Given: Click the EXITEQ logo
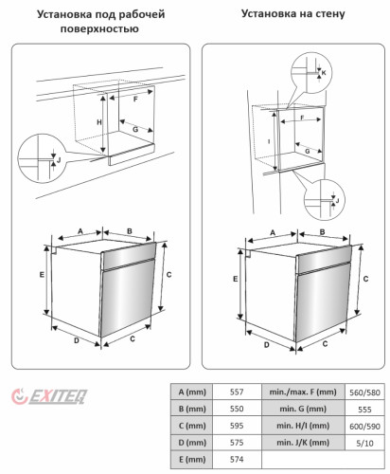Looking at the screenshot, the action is pos(49,396).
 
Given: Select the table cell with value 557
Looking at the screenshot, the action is pos(237,392).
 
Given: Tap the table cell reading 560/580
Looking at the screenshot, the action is pos(364,392).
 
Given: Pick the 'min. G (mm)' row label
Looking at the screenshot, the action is pos(303,409).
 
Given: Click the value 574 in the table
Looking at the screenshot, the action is pos(237,459).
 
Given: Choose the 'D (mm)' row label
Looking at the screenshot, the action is pos(192,443).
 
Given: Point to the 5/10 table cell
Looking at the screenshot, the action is pos(364,443).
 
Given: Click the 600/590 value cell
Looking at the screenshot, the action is pos(364,426).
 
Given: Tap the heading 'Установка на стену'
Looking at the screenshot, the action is pos(292,13).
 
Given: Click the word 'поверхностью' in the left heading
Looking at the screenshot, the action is pos(99,28).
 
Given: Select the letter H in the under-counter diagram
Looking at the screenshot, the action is pos(99,122).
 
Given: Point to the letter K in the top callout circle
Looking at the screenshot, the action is pos(324,73).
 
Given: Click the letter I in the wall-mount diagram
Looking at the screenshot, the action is pos(269,141).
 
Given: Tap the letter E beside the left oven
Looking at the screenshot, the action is pos(42,275).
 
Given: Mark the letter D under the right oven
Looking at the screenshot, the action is pos(267,345).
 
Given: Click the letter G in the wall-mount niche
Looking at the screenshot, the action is pos(308,152).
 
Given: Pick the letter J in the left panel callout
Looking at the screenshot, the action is pos(59,160).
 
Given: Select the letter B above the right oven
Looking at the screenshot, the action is pos(322,232).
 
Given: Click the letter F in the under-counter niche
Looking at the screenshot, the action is pos(135,100).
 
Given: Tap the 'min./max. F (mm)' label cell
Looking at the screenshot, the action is pos(303,392).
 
